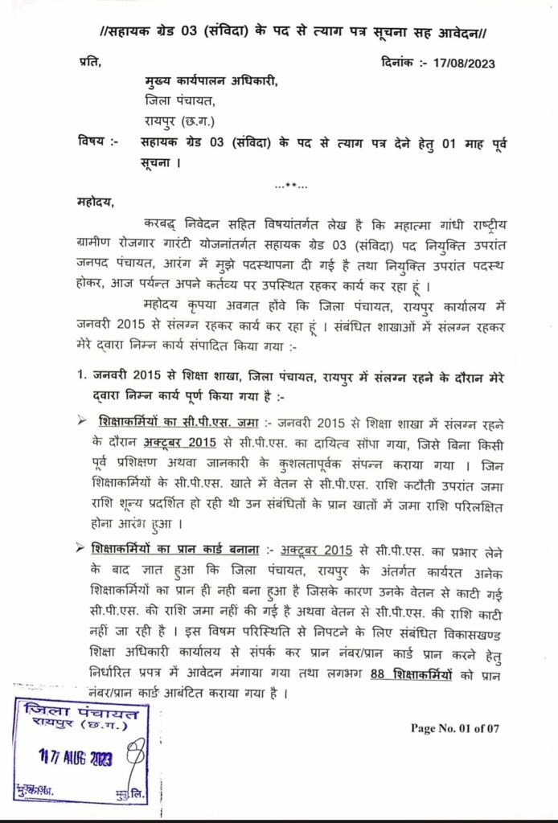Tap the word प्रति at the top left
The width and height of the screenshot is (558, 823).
(x=90, y=63)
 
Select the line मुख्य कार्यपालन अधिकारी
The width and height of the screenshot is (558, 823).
(x=211, y=84)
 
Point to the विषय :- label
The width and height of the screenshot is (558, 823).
(x=98, y=143)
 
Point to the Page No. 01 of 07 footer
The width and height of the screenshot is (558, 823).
(x=455, y=729)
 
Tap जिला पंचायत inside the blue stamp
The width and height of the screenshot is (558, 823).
(x=81, y=711)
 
